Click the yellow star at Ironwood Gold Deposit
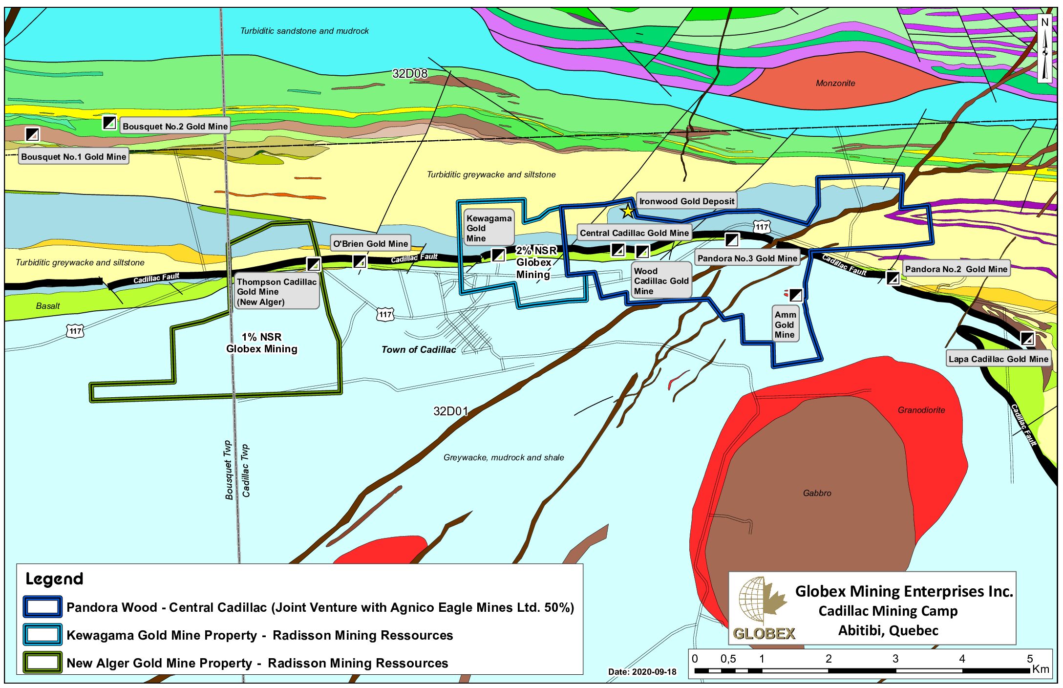627,212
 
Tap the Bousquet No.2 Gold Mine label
175,126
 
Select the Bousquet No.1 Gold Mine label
73,156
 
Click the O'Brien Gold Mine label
370,243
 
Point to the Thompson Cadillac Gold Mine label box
276,292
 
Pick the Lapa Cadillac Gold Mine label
998,359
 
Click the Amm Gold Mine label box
785,324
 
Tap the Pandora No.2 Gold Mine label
956,269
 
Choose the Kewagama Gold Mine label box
489,228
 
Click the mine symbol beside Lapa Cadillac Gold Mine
1027,338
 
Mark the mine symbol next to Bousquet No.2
109,122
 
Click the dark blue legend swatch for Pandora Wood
43,607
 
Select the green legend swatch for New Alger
43,663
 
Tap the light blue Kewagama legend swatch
43,635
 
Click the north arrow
1044,49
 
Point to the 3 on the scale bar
895,659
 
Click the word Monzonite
835,83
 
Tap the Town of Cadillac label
419,349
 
